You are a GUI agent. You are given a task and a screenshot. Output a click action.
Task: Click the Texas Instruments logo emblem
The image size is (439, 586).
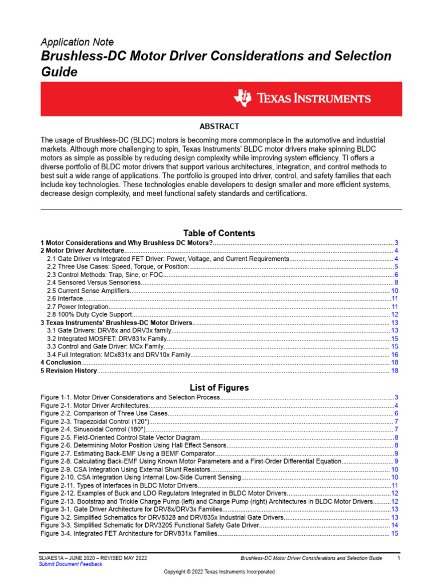click(x=242, y=98)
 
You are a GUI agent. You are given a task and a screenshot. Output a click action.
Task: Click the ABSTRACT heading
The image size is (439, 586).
click(x=219, y=126)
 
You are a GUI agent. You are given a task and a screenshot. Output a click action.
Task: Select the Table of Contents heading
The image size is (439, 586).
click(x=219, y=233)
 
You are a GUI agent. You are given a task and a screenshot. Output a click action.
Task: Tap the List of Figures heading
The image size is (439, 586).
click(x=219, y=387)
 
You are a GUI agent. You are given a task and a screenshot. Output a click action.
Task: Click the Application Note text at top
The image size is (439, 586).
click(x=77, y=42)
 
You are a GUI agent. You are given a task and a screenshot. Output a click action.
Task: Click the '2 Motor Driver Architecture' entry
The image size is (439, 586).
click(x=82, y=251)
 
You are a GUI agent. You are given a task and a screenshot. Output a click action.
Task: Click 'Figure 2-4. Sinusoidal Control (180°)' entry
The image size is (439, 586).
click(x=94, y=429)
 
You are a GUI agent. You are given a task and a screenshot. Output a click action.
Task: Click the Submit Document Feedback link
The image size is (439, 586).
click(x=70, y=564)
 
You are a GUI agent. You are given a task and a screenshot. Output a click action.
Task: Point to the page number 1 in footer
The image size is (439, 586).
click(x=398, y=557)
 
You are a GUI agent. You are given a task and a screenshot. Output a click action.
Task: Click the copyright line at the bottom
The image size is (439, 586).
click(x=219, y=572)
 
